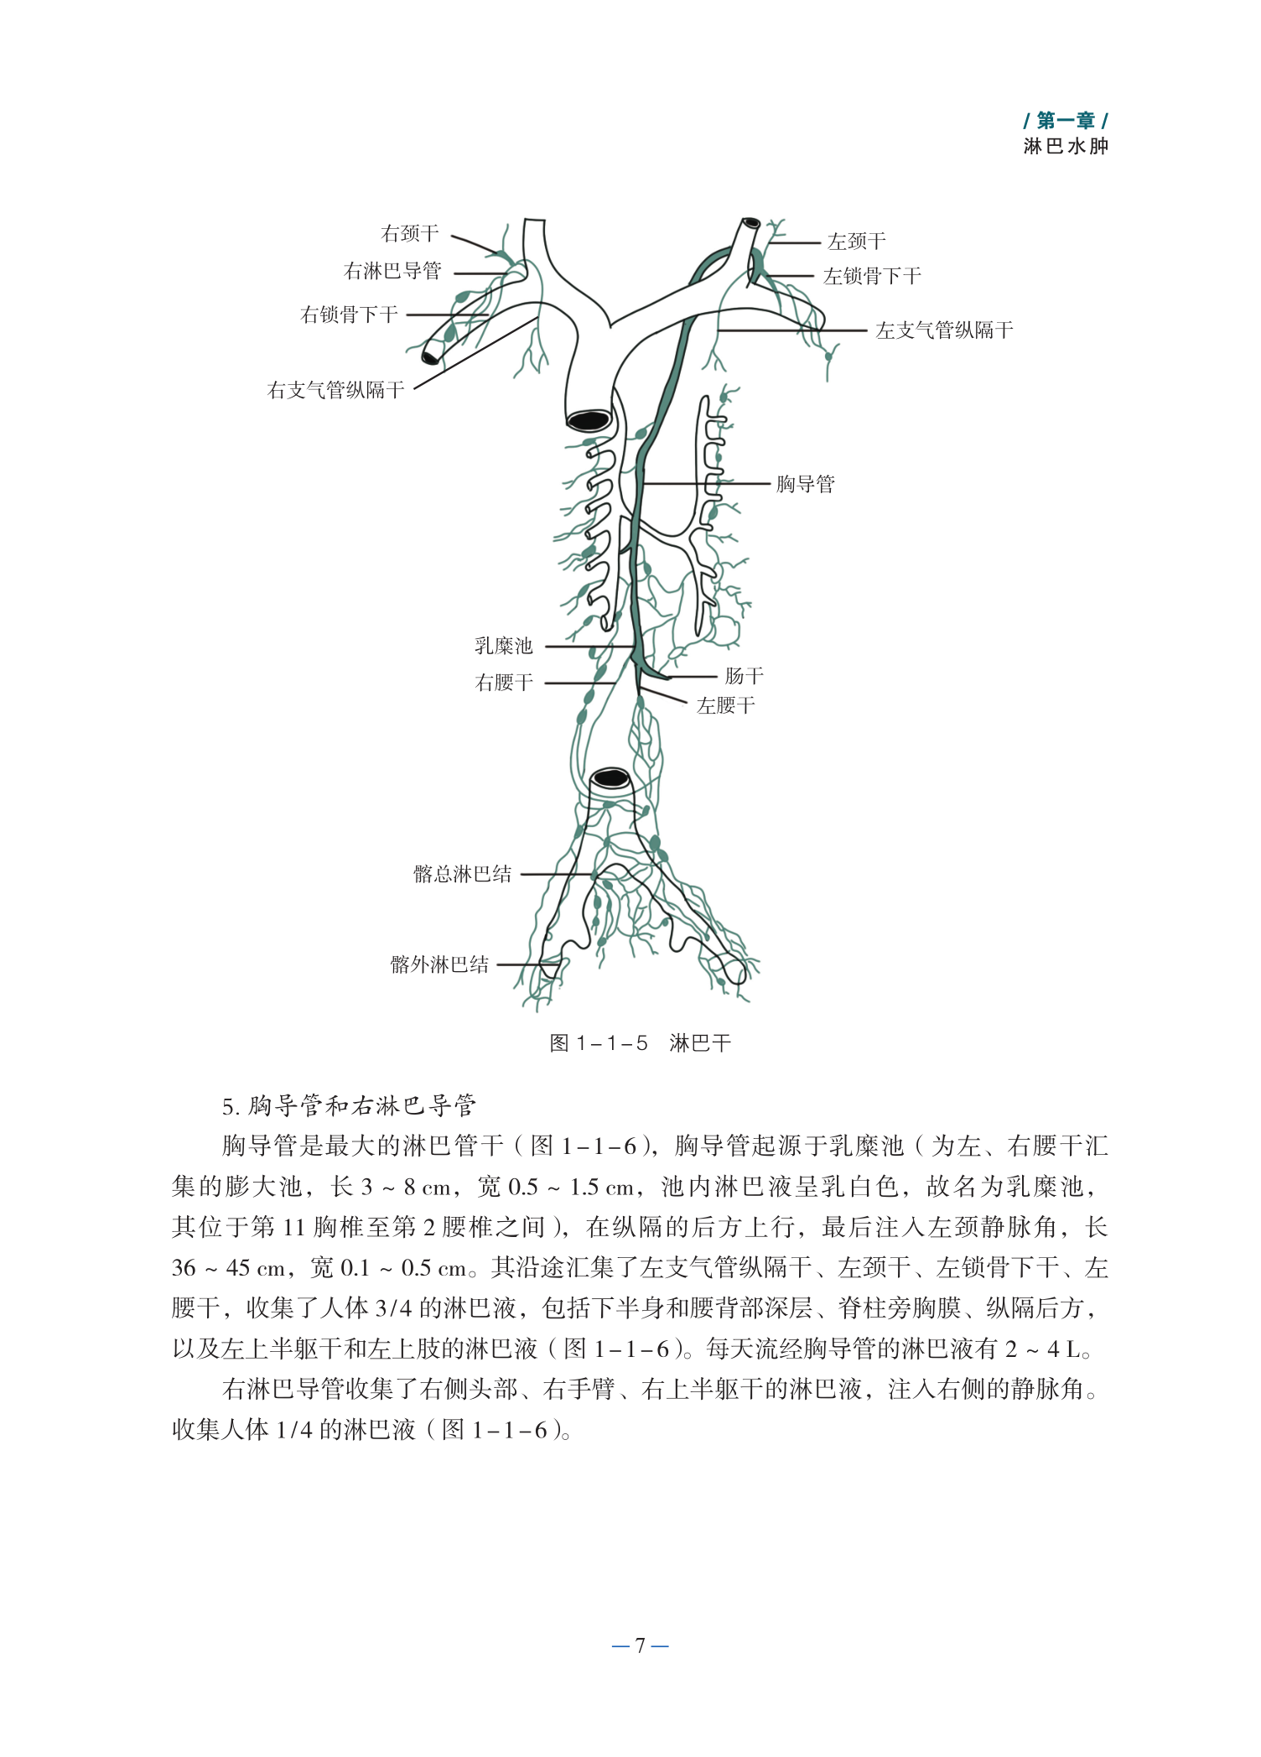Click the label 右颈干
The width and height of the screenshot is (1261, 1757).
(409, 233)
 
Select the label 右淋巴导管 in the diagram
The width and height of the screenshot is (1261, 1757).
(392, 271)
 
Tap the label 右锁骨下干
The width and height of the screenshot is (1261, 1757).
(349, 314)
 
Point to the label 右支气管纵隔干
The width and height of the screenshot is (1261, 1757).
(335, 390)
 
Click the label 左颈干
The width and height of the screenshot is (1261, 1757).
(856, 242)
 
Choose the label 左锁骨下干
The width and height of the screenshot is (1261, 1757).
(872, 276)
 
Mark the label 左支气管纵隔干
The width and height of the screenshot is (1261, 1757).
(944, 330)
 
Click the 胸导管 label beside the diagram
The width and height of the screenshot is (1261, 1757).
(805, 484)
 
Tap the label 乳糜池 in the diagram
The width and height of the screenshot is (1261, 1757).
(503, 646)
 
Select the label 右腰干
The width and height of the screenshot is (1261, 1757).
(504, 683)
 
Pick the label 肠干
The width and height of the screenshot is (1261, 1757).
(744, 676)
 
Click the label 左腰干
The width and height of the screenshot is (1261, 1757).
(726, 706)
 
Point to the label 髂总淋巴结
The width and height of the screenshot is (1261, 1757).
(462, 874)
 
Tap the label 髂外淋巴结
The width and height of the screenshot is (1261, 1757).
(439, 964)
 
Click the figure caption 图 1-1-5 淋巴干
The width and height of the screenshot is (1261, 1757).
(640, 1043)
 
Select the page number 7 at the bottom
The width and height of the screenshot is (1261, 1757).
(640, 1645)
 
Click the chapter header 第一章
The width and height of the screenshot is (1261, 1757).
(1065, 121)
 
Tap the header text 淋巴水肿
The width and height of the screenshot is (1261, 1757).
(1065, 146)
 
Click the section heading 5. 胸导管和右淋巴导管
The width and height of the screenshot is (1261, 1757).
(349, 1106)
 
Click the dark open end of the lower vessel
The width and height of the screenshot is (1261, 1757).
(611, 779)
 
